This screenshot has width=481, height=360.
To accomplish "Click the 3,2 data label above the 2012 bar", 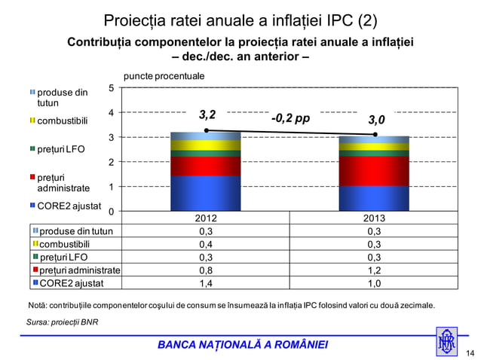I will (207, 116).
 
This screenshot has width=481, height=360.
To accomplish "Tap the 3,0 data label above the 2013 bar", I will (376, 120).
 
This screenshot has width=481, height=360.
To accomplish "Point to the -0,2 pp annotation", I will (290, 118).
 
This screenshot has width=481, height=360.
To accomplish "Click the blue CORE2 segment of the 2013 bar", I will (374, 197).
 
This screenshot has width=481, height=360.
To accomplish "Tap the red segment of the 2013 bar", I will (374, 171).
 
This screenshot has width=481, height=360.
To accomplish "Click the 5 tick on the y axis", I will (112, 88).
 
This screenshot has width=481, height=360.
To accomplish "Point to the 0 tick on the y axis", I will (112, 211).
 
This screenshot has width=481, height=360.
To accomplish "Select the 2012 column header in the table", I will (205, 218).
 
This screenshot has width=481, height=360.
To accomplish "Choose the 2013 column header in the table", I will (374, 218).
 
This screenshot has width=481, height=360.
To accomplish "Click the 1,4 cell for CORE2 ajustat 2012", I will (205, 283).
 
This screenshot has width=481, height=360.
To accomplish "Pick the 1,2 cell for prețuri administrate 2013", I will (374, 270).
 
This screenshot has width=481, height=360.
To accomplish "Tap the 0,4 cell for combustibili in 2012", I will (205, 244).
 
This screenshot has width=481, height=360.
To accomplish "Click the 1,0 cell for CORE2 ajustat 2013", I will (374, 283).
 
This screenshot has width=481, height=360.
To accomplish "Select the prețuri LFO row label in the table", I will (63, 257).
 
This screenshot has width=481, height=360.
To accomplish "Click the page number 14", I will (470, 352).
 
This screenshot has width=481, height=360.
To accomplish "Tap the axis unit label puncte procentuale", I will (164, 76).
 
